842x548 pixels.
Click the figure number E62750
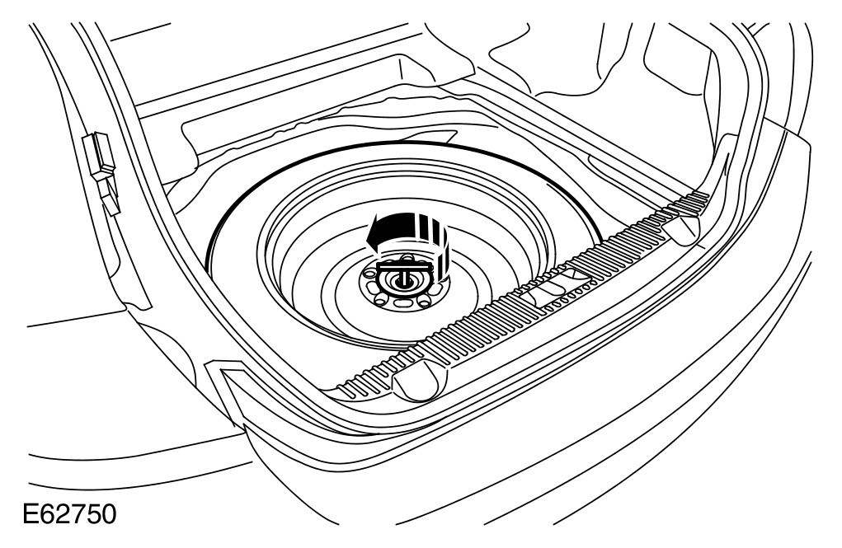click(x=69, y=514)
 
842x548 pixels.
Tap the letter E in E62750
click(x=31, y=514)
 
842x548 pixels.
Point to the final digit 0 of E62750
click(x=108, y=514)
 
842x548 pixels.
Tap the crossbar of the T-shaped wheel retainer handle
click(x=403, y=265)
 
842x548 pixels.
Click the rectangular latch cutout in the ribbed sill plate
click(x=553, y=287)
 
